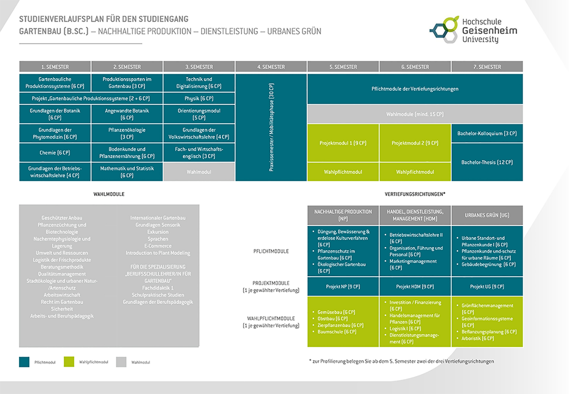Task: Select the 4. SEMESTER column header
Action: point(271,67)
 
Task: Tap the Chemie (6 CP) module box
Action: point(55,153)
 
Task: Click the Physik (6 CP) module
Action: point(199,98)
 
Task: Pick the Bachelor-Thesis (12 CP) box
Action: point(487,162)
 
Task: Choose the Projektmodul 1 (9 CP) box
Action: point(343,143)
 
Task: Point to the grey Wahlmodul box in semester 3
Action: point(199,172)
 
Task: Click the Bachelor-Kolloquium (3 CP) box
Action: point(487,133)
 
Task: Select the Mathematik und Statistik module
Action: point(127,172)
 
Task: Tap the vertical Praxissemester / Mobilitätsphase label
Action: point(271,127)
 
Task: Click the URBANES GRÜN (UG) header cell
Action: point(487,215)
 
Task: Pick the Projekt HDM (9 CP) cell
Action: point(415,286)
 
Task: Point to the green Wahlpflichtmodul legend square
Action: point(69,362)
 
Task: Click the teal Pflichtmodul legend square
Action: point(24,362)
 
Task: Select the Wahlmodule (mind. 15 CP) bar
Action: point(415,114)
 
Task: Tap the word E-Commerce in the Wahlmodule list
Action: point(158,246)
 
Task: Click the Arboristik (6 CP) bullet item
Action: point(477,338)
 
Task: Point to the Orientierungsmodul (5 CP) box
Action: point(199,114)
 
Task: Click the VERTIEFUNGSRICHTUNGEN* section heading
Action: point(415,194)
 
